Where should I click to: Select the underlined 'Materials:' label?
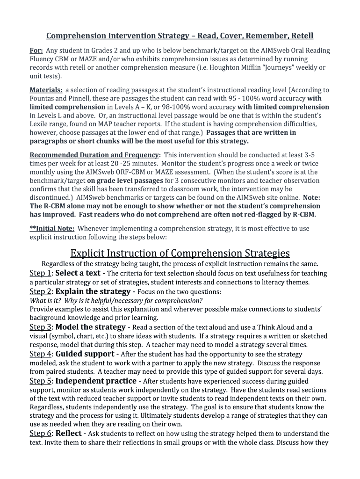[46, 90]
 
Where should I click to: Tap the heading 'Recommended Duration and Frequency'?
[95, 155]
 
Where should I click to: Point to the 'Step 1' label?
[40, 273]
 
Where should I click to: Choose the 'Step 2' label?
[40, 292]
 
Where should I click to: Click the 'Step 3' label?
[40, 327]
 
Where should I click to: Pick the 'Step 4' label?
[40, 354]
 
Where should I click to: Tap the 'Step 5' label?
[40, 381]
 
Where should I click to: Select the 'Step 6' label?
[40, 434]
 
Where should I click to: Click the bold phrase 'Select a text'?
[78, 273]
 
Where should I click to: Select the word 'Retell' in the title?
[302, 36]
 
